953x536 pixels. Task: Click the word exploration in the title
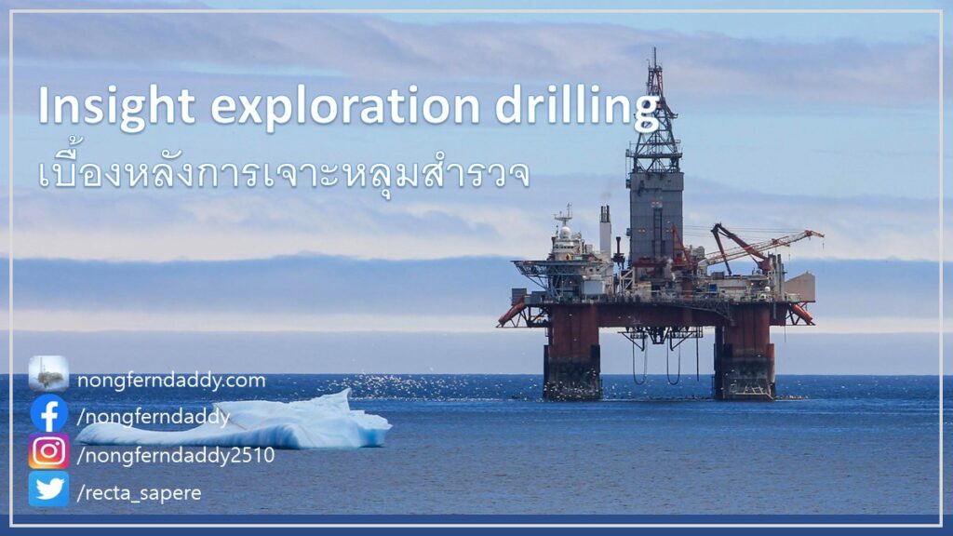(x=345, y=105)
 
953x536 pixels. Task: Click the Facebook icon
(x=49, y=414)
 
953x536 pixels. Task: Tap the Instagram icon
(x=48, y=451)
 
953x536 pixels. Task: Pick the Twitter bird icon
(x=48, y=489)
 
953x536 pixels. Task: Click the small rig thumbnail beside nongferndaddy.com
(x=48, y=374)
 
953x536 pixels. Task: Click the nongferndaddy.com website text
(x=171, y=381)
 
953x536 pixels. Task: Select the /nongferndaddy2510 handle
(x=176, y=456)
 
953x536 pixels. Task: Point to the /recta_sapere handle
(x=140, y=493)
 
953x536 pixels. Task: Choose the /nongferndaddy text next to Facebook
(x=154, y=417)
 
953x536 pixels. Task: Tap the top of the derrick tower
(x=654, y=50)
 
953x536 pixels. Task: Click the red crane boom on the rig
(x=768, y=245)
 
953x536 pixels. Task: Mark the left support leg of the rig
(x=572, y=353)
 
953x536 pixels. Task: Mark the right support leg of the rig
(x=745, y=353)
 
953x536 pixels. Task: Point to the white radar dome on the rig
(x=565, y=232)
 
